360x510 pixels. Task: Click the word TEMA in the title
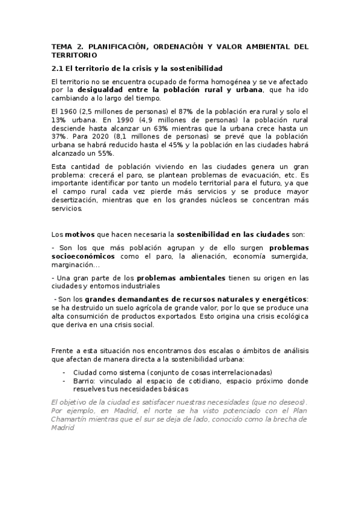[61, 46]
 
